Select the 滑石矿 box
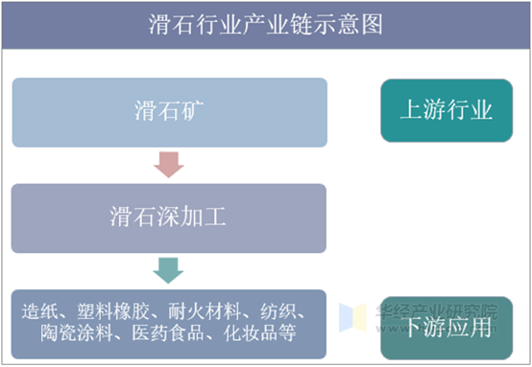[x=168, y=111]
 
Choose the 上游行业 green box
[x=446, y=110]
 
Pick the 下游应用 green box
[x=446, y=326]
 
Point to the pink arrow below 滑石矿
[x=168, y=165]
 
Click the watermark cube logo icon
[x=353, y=315]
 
